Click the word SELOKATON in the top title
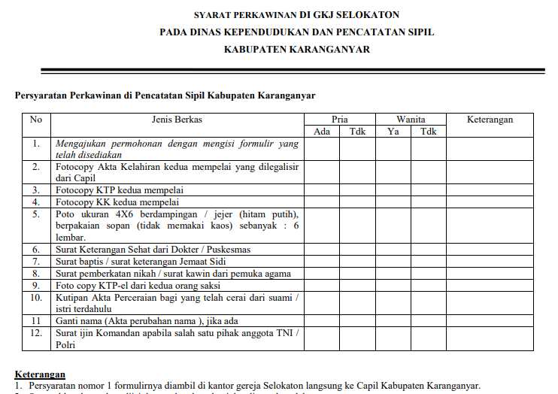(x=368, y=14)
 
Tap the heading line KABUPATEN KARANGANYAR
(x=296, y=50)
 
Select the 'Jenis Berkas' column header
(x=177, y=120)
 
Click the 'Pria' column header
(x=340, y=120)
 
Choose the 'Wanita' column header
(x=411, y=120)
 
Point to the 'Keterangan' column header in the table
(x=490, y=120)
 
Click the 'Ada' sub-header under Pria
(x=322, y=132)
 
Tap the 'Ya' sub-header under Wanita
(x=393, y=132)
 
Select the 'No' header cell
(x=36, y=120)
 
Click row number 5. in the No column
(x=36, y=214)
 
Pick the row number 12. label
(x=36, y=333)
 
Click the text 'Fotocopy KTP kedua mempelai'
(x=120, y=190)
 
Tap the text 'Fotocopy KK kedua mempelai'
(x=117, y=202)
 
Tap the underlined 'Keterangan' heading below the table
(x=40, y=374)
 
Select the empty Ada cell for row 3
(x=322, y=190)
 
